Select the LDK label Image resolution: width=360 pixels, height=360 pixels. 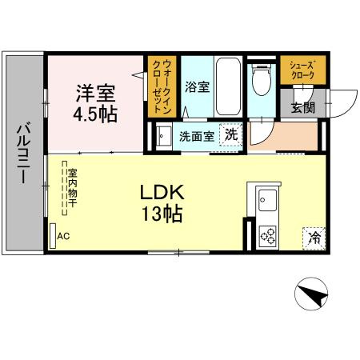[163, 192]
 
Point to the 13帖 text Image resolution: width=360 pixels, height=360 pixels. [163, 214]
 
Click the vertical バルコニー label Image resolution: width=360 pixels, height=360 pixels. [23, 153]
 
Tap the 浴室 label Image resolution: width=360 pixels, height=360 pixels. [196, 86]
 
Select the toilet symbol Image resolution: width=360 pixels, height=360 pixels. [259, 81]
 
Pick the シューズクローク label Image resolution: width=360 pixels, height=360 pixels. [302, 70]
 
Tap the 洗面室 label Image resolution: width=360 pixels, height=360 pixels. [196, 136]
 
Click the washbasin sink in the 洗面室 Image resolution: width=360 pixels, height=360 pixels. [162, 136]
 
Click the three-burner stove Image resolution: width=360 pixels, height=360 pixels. [267, 235]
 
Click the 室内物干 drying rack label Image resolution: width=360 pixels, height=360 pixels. [72, 188]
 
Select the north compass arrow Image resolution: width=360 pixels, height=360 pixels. [314, 295]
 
